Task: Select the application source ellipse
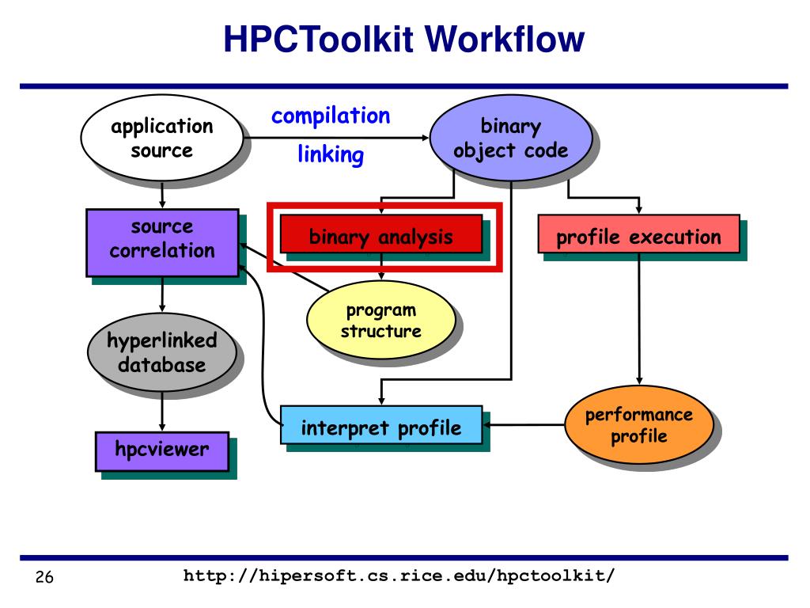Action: click(x=161, y=139)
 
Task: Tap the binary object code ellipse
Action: click(x=510, y=139)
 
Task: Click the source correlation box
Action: click(x=162, y=240)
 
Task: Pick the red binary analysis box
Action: click(x=381, y=237)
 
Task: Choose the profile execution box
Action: click(x=638, y=237)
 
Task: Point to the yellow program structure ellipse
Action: click(x=380, y=321)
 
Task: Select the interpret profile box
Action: click(x=381, y=428)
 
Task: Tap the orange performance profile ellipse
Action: click(x=638, y=426)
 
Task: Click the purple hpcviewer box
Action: click(x=162, y=450)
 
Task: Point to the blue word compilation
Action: click(x=331, y=116)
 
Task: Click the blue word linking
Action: click(x=331, y=154)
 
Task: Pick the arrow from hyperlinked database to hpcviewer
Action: click(x=162, y=410)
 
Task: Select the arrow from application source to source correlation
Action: click(x=162, y=195)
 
